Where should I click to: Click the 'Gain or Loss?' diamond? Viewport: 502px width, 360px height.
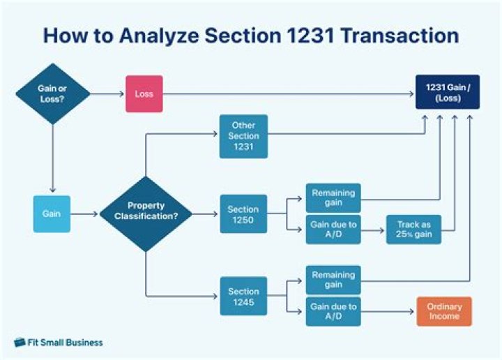point(53,93)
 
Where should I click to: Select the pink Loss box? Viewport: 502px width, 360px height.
point(144,93)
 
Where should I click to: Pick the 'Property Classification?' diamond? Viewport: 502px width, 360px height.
point(146,213)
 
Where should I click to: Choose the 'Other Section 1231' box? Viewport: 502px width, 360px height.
point(243,136)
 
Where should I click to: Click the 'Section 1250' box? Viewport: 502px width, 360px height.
point(243,213)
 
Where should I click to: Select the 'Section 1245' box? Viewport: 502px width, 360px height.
point(243,296)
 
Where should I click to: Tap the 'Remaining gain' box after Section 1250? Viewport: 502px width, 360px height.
point(333,198)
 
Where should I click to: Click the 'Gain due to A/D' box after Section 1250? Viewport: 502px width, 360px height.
point(333,229)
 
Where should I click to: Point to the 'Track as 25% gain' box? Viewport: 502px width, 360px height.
point(413,229)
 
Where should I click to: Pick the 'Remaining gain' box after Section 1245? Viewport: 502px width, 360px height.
point(333,280)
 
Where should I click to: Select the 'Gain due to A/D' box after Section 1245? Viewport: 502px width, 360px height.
point(333,311)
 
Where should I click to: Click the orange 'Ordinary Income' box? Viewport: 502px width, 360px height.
point(444,311)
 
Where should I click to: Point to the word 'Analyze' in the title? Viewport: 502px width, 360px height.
point(151,37)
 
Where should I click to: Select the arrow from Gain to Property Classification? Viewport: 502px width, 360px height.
point(84,213)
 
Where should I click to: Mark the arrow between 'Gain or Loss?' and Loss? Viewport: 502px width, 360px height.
point(107,93)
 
